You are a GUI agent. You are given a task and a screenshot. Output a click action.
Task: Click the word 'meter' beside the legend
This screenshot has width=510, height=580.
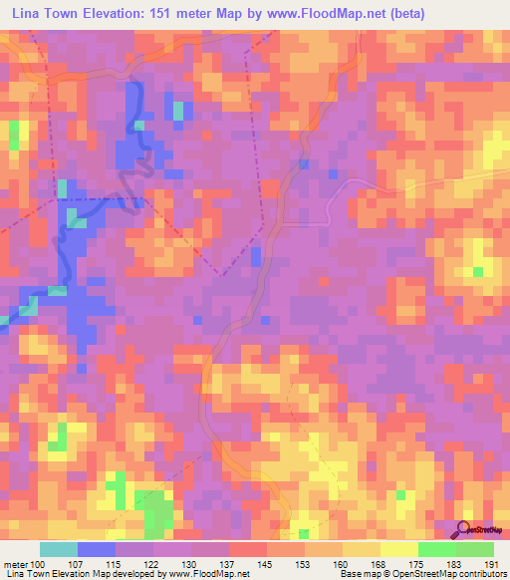17,564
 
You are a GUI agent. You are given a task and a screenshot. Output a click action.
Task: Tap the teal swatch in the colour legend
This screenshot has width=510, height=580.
59,549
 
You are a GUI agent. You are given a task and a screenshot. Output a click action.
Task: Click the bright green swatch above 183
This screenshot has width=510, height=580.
436,549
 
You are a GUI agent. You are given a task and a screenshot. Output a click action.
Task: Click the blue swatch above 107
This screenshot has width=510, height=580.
97,549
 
